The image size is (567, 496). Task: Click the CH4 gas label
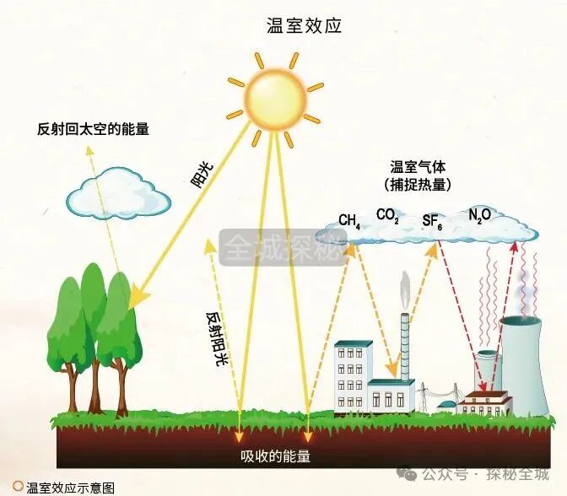click(x=349, y=221)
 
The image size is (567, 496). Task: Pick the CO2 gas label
click(x=387, y=216)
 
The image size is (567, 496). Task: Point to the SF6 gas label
click(x=432, y=222)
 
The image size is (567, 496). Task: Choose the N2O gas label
click(x=479, y=217)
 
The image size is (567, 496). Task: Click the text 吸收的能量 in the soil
click(x=275, y=456)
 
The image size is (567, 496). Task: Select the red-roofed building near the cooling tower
click(x=487, y=402)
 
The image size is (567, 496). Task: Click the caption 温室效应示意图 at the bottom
click(x=70, y=488)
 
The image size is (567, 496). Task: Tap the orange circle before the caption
click(x=17, y=487)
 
